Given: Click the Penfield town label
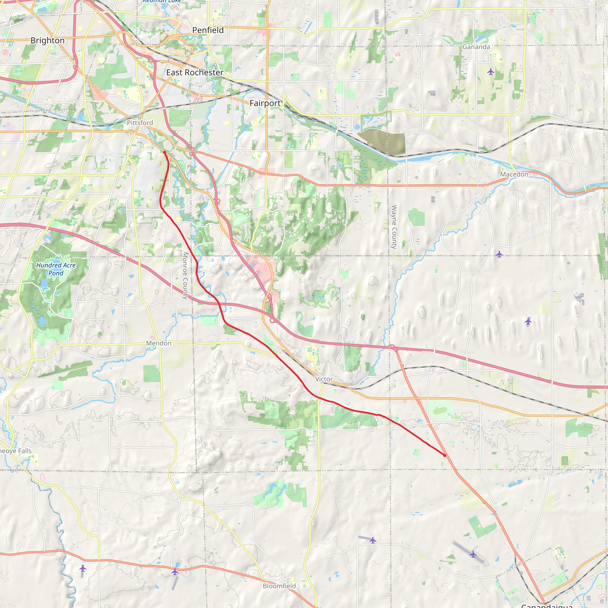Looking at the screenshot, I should tap(208, 30).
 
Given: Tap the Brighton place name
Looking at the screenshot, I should tap(47, 41).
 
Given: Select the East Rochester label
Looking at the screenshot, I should tap(194, 73).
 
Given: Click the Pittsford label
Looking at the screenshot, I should tap(140, 123).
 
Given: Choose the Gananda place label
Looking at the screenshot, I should tap(476, 47).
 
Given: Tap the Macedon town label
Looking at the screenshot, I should tap(514, 174).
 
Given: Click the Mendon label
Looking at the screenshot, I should tap(159, 343).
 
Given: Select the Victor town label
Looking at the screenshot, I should tap(324, 379).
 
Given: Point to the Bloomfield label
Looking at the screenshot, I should tap(279, 586).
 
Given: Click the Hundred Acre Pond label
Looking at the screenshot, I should tap(56, 269).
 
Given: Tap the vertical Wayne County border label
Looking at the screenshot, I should tap(394, 227).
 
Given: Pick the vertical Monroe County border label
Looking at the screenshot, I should tap(185, 275).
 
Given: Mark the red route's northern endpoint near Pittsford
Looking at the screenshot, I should tap(164, 152).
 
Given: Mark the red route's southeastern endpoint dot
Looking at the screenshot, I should tap(444, 455).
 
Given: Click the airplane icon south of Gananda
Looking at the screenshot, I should tap(491, 72).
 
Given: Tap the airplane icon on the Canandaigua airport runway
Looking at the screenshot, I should tap(473, 554).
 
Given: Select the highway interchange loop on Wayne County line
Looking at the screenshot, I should tap(392, 347).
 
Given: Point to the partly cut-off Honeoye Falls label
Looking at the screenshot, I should tap(16, 451).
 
